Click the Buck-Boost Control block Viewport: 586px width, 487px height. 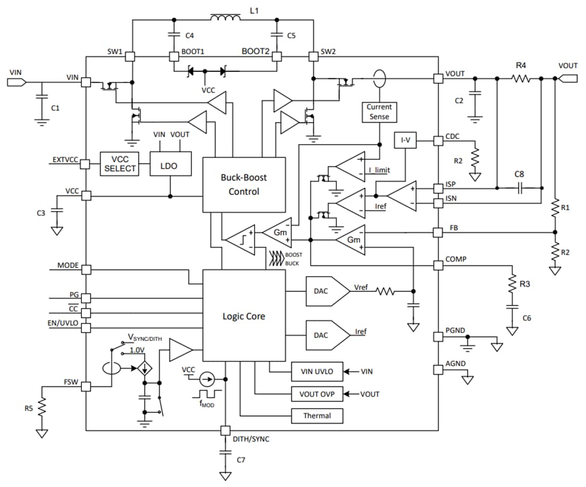click(x=244, y=185)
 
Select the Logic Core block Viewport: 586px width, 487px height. click(x=244, y=315)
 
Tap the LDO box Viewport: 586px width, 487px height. click(x=170, y=164)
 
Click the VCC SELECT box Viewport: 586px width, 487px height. click(x=119, y=164)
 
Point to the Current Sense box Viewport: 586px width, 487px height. click(x=379, y=112)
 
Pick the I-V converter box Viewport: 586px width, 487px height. click(x=405, y=140)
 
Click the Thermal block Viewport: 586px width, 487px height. click(x=317, y=416)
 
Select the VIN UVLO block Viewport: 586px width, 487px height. click(x=317, y=371)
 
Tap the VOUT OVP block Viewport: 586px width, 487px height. click(x=317, y=394)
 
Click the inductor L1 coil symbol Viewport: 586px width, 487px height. click(x=225, y=17)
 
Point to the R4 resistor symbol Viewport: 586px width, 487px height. click(x=521, y=78)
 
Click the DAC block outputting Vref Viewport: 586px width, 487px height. click(x=328, y=291)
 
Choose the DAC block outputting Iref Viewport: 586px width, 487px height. click(x=328, y=335)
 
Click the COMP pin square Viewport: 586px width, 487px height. click(x=438, y=265)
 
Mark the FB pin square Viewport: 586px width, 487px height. click(x=438, y=232)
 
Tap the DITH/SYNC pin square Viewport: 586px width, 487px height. click(x=225, y=431)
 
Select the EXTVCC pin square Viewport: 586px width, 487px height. click(x=86, y=164)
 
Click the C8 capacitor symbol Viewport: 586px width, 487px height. click(x=519, y=188)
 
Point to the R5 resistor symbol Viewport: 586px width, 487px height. click(x=42, y=408)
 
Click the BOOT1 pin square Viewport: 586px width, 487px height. click(x=174, y=57)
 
